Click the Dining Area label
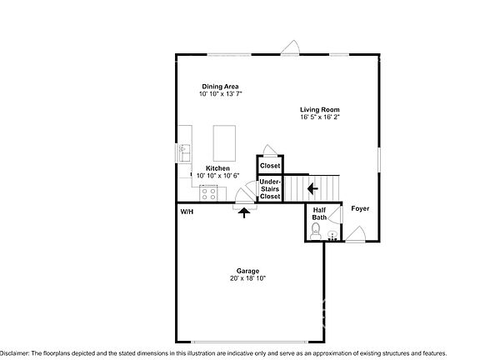tap(220, 86)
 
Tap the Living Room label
tap(320, 109)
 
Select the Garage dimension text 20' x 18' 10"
tap(247, 278)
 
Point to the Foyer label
tap(360, 208)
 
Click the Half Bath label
tap(318, 213)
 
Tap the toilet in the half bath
tap(316, 231)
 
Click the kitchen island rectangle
tap(226, 142)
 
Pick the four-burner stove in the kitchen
tap(209, 193)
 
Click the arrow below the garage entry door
tap(244, 212)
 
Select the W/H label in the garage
tap(187, 212)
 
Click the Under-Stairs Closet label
tap(270, 189)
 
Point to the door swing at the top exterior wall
tap(290, 48)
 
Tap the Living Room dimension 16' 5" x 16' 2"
tap(320, 117)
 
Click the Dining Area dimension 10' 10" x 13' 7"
tap(220, 94)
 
